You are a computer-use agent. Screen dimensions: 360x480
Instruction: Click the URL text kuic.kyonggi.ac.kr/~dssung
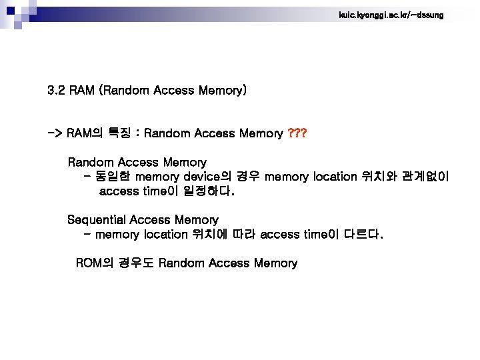[x=390, y=14]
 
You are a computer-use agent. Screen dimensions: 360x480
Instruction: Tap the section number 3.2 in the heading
[x=56, y=90]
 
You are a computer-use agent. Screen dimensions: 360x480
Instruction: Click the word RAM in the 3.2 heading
[x=81, y=90]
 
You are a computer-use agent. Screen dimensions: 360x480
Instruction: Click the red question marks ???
[x=297, y=134]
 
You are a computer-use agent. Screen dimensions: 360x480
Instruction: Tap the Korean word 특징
[x=119, y=134]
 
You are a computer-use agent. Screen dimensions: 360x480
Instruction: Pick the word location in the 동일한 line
[x=335, y=177]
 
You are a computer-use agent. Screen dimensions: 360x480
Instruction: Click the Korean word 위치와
[x=379, y=177]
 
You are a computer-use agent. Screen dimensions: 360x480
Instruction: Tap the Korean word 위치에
[x=210, y=235]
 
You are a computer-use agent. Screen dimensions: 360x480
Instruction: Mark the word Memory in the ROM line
[x=275, y=263]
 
